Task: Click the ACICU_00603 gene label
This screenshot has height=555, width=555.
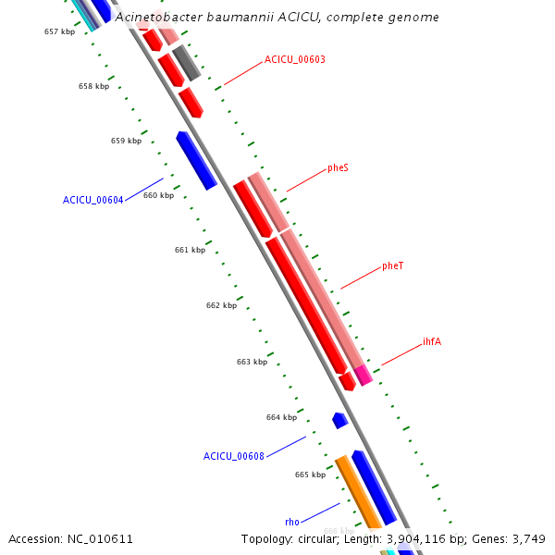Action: pyautogui.click(x=294, y=59)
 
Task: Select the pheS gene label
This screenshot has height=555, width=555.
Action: pyautogui.click(x=338, y=168)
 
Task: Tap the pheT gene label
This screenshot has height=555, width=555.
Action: pyautogui.click(x=392, y=266)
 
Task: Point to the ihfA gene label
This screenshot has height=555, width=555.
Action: pyautogui.click(x=432, y=342)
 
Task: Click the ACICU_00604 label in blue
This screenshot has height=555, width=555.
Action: pyautogui.click(x=92, y=200)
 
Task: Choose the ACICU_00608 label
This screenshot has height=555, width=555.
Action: pyautogui.click(x=233, y=456)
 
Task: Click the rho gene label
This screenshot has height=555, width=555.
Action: pyautogui.click(x=291, y=523)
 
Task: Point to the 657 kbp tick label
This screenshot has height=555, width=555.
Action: pyautogui.click(x=59, y=32)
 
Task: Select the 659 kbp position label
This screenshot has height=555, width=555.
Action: pyautogui.click(x=126, y=142)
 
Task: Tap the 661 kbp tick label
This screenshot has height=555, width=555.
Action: pyautogui.click(x=190, y=251)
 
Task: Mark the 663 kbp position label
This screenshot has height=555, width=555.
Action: pyautogui.click(x=252, y=362)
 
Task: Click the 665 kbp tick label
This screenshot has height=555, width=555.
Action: pyautogui.click(x=310, y=475)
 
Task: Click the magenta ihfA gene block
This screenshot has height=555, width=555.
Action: pyautogui.click(x=363, y=375)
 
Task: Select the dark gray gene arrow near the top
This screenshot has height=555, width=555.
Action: pyautogui.click(x=186, y=62)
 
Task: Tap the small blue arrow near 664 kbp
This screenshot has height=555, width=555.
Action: pyautogui.click(x=339, y=420)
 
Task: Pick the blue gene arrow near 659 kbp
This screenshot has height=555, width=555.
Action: pyautogui.click(x=196, y=160)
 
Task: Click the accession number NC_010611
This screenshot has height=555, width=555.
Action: pyautogui.click(x=98, y=539)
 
